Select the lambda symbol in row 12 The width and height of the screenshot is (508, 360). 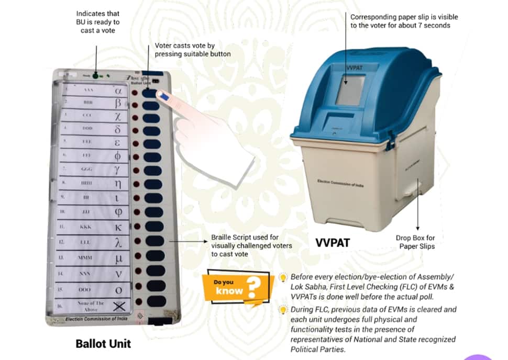point(119,243)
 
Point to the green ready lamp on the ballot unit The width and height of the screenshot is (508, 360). point(96,76)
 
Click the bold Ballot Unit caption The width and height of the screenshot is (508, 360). point(103,344)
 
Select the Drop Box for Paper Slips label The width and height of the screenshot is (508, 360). point(415,242)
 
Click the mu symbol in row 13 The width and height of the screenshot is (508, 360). point(119,258)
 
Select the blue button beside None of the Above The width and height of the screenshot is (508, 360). point(156,301)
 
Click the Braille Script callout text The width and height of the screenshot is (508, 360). point(251,245)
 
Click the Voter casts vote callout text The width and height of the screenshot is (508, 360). point(192,50)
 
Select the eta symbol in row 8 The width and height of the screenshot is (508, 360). point(118,184)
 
